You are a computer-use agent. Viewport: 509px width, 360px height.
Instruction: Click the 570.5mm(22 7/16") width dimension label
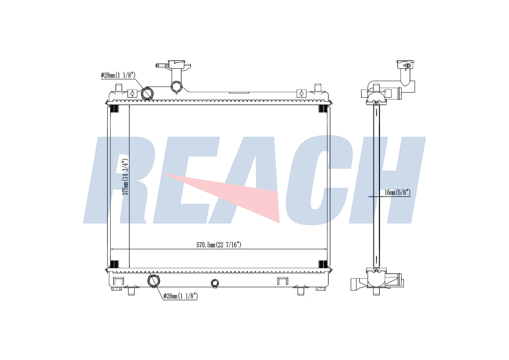pos(219,245)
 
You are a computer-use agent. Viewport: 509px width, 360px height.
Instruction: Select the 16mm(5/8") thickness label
pos(397,193)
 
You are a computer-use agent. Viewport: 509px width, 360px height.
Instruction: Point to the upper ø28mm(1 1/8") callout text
pos(118,75)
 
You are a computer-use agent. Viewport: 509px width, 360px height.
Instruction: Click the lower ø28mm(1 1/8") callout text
pos(180,296)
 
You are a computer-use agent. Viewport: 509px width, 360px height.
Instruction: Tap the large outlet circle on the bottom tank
pos(154,280)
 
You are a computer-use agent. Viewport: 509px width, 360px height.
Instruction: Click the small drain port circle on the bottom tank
pos(215,283)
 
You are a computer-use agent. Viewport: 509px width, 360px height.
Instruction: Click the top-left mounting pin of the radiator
pos(119,88)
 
